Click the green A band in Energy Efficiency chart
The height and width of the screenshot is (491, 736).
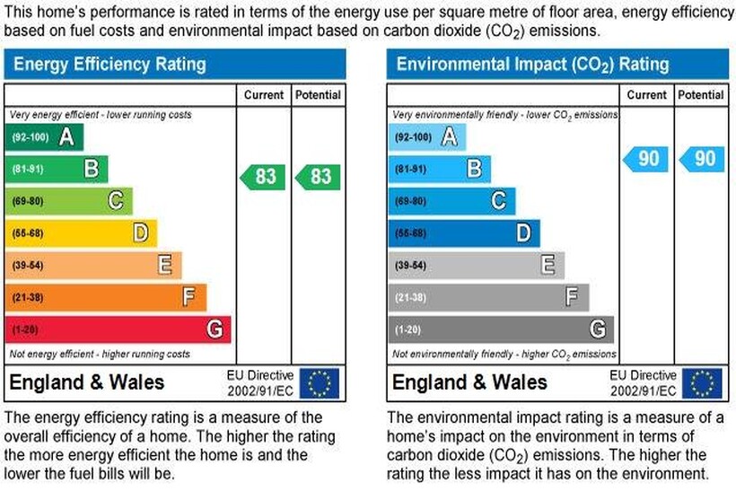tap(44, 137)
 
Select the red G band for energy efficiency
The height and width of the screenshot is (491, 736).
tap(118, 329)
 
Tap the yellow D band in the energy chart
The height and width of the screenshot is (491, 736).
tap(81, 233)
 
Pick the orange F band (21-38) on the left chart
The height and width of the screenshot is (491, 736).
tap(105, 297)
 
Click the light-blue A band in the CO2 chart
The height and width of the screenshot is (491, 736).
tap(427, 137)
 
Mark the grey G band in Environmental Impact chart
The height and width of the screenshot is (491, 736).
tap(501, 329)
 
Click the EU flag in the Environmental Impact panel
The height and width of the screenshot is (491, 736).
tap(701, 383)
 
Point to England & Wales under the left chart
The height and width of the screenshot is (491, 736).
tap(86, 383)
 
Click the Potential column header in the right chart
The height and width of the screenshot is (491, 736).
tap(701, 95)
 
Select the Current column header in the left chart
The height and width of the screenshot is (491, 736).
tap(263, 95)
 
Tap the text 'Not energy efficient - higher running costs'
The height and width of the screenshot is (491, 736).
tap(100, 355)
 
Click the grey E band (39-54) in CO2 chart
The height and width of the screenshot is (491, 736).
tap(476, 266)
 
